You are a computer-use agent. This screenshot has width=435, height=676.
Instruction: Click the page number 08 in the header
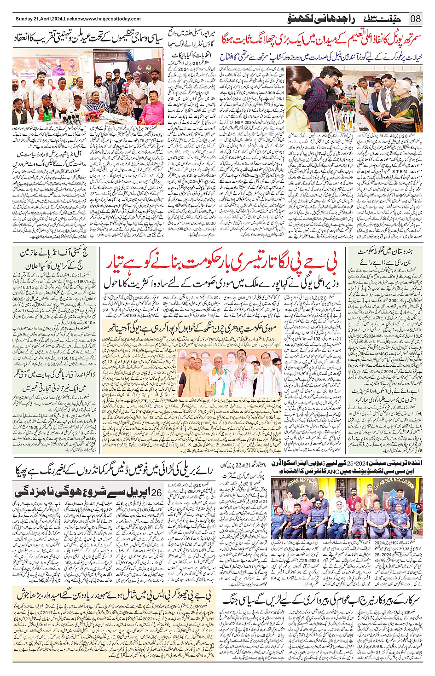tap(416, 19)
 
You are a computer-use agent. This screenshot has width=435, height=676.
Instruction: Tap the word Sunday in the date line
tap(24, 19)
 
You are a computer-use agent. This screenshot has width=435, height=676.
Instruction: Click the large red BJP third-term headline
tap(222, 262)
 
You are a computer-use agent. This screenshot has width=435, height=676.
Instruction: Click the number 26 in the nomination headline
tap(157, 492)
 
